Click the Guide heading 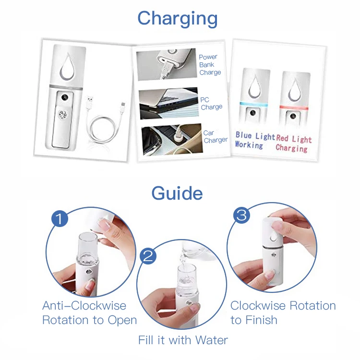177,193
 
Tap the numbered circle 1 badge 60,218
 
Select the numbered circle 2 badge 148,255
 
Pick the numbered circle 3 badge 242,215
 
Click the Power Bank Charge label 210,65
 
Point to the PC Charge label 211,103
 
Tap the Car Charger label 216,136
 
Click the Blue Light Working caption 255,140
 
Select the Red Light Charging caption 294,144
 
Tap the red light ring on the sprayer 294,108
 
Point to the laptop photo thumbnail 169,103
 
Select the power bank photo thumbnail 167,64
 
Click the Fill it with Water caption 183,340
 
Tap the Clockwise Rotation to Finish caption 283,312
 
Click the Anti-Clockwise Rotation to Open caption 90,312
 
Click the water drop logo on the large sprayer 67,66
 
